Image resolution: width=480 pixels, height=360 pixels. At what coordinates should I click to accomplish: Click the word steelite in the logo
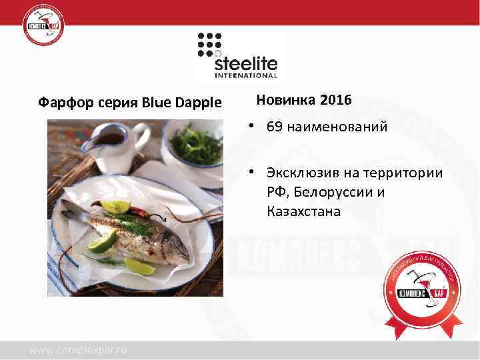[x=246, y=65]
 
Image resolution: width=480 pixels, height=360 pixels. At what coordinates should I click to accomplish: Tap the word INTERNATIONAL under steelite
[x=246, y=76]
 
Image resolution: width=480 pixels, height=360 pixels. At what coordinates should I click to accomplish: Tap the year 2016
[x=336, y=101]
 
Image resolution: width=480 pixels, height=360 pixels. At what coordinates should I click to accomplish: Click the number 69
[x=273, y=127]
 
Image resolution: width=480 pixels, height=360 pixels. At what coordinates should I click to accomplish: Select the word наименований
[x=337, y=127]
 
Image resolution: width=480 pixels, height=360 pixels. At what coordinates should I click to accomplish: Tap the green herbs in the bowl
[x=195, y=143]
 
